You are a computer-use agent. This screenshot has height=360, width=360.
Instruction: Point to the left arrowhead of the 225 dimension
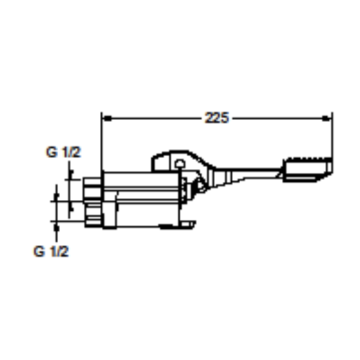pyautogui.click(x=107, y=117)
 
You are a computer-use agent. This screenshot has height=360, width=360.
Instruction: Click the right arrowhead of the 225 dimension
pyautogui.click(x=327, y=117)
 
